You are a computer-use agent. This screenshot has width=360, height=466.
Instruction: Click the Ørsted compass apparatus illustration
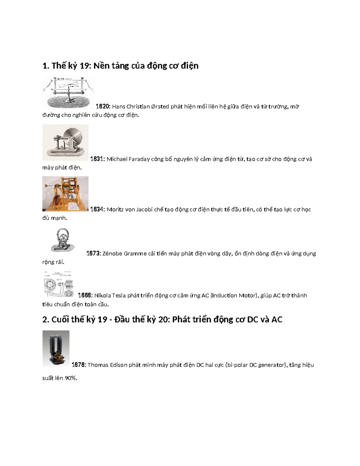pos(68,92)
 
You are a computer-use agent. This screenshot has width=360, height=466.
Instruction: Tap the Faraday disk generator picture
pos(65,142)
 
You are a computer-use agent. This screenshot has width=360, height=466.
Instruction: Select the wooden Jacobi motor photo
pos(65,194)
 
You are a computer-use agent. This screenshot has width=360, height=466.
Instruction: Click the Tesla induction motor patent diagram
pos(58,284)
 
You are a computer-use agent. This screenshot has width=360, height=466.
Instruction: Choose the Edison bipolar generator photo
pos(56,348)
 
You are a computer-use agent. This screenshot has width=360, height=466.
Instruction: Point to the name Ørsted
pos(160,107)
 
